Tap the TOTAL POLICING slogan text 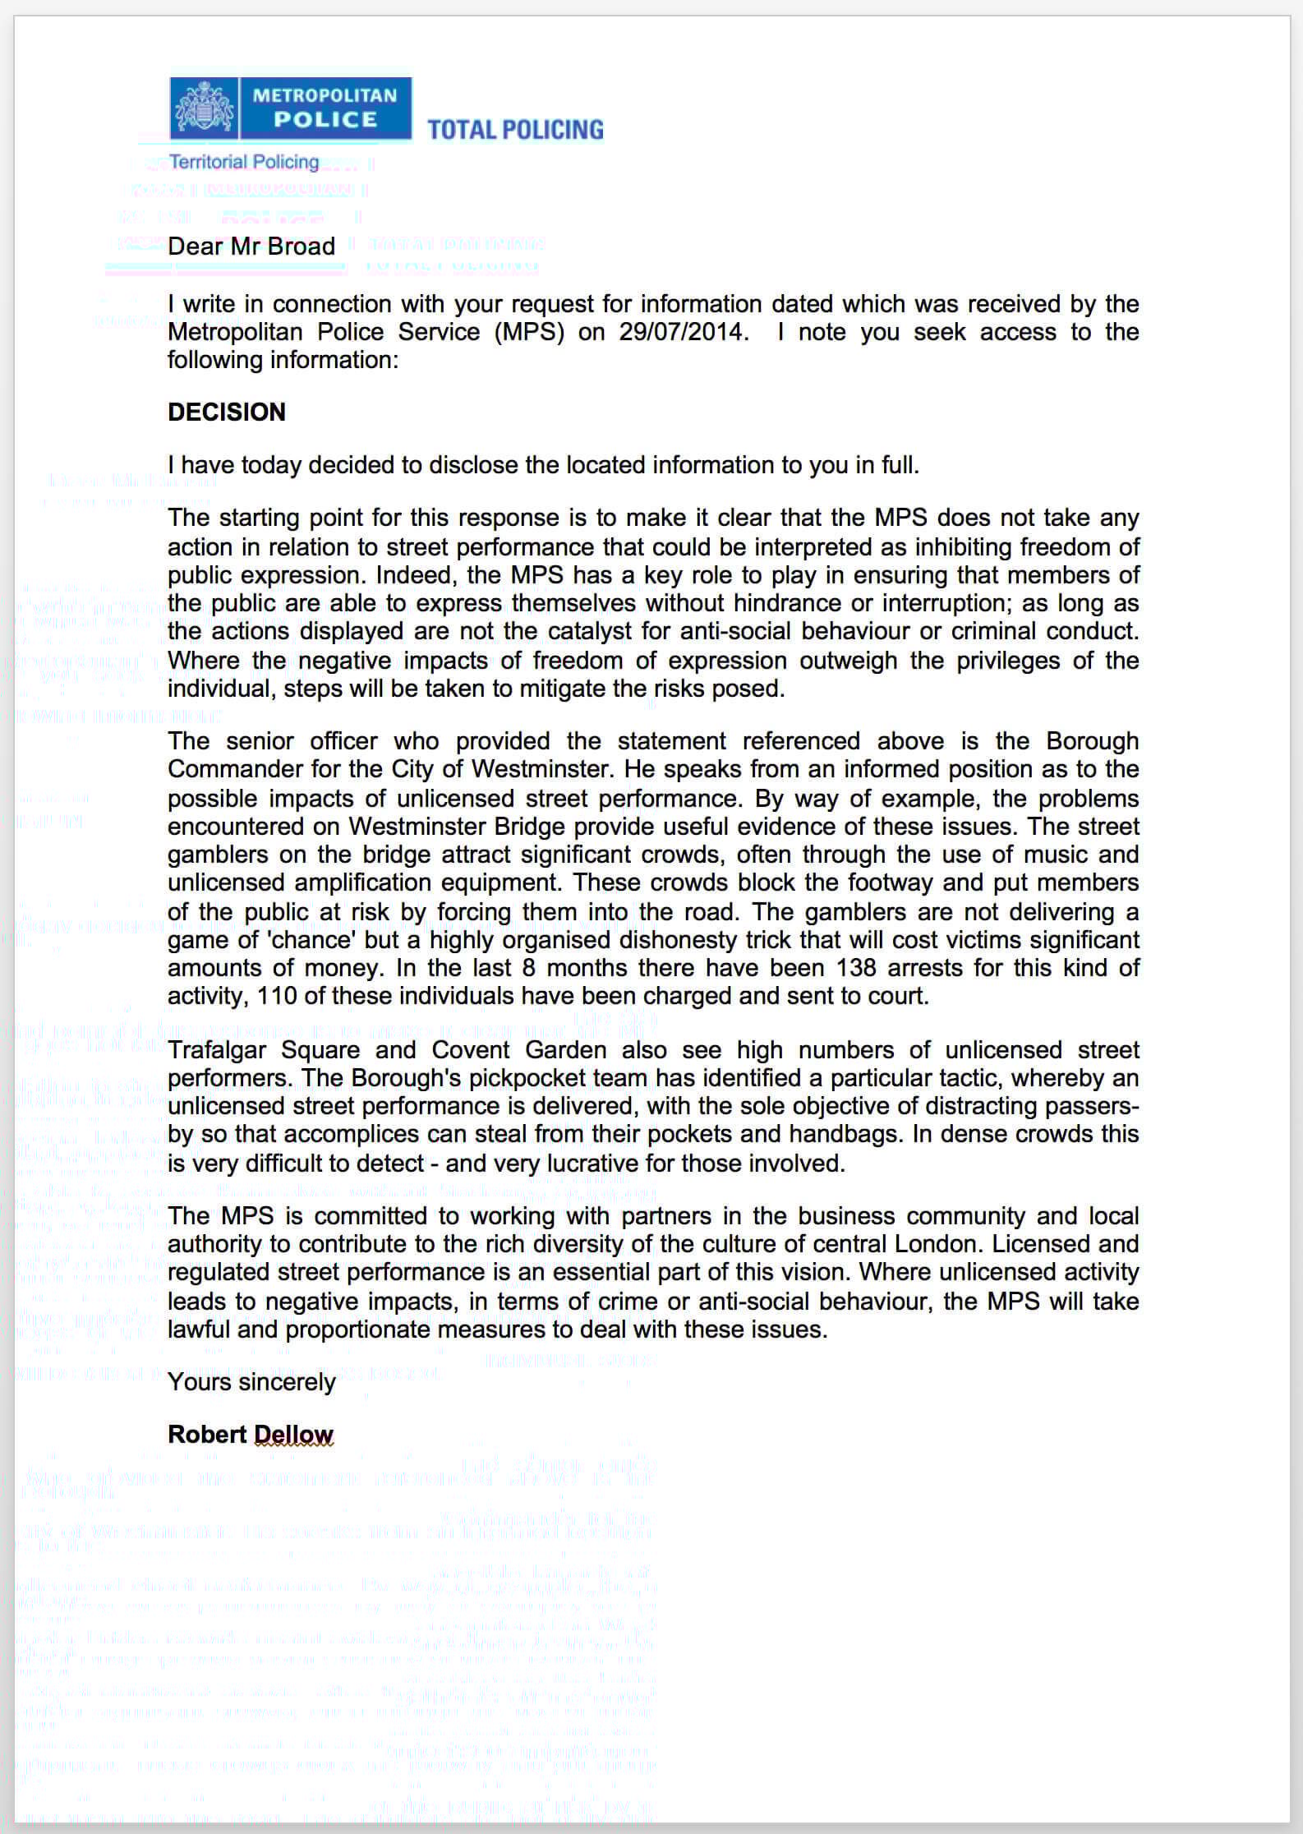515,130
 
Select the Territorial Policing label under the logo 244,162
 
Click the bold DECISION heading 227,412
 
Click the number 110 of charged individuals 275,996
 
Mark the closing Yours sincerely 251,1382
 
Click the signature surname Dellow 293,1435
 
